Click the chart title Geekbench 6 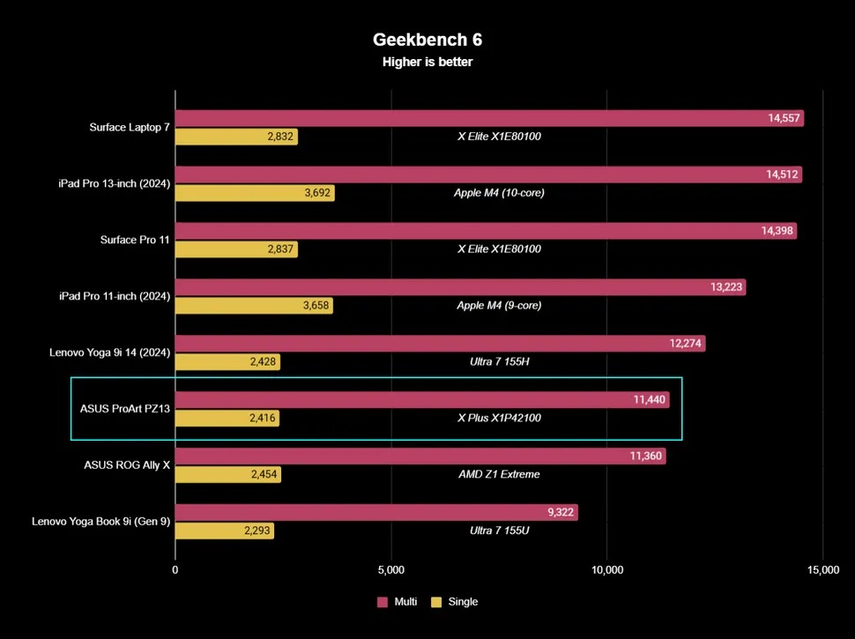pyautogui.click(x=427, y=40)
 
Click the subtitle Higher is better pyautogui.click(x=427, y=62)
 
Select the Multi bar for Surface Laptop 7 pyautogui.click(x=489, y=118)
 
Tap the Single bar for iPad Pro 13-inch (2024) pyautogui.click(x=255, y=193)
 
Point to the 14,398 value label pyautogui.click(x=778, y=231)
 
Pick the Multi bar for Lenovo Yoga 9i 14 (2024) pyautogui.click(x=440, y=344)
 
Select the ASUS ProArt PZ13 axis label pyautogui.click(x=125, y=408)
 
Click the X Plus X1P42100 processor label pyautogui.click(x=499, y=418)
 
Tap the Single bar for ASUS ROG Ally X pyautogui.click(x=227, y=474)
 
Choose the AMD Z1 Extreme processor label pyautogui.click(x=499, y=474)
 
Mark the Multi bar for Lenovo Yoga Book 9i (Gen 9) pyautogui.click(x=376, y=512)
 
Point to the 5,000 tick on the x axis pyautogui.click(x=391, y=570)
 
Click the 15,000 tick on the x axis pyautogui.click(x=822, y=570)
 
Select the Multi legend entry pyautogui.click(x=397, y=602)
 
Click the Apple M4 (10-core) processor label pyautogui.click(x=499, y=192)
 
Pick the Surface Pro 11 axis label pyautogui.click(x=134, y=239)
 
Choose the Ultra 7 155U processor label pyautogui.click(x=499, y=531)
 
